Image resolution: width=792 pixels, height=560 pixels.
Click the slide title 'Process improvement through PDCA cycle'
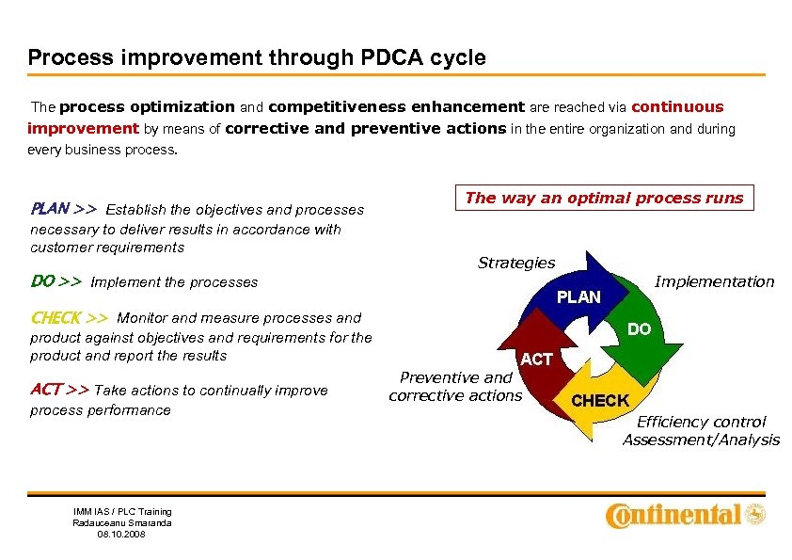pos(257,57)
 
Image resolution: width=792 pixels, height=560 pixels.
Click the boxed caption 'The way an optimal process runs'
pos(604,198)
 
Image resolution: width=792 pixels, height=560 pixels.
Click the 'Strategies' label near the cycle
pos(516,263)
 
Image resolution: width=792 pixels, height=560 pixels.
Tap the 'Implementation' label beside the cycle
pos(714,281)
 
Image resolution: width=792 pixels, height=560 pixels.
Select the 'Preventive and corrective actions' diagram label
pos(455,386)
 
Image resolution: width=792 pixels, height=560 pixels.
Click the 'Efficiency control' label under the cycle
pos(701,422)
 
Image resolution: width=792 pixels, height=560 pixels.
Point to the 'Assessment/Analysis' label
pos(701,440)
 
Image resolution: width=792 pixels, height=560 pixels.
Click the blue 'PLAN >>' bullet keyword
pos(63,208)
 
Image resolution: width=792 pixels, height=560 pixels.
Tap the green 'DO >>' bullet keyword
pos(55,280)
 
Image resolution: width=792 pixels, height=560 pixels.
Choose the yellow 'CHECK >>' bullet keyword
pos(69,317)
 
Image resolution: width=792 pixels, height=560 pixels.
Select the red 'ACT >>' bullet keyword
pos(59,389)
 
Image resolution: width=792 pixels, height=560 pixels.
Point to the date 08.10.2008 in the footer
pos(122,534)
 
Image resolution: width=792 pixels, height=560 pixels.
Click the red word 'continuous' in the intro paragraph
pos(677,106)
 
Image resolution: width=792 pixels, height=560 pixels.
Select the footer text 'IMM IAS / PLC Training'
pos(122,511)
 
